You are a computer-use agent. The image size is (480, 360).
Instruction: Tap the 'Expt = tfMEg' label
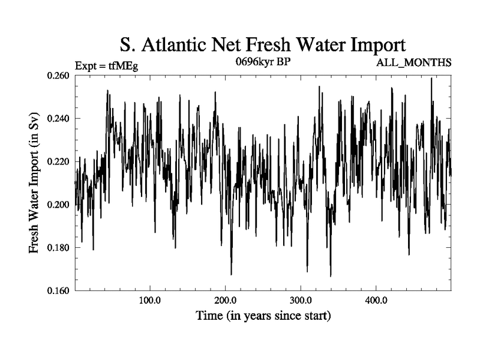point(106,66)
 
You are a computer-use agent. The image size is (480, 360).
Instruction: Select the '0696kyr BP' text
point(263,62)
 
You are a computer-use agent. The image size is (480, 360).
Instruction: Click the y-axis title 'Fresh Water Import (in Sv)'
point(36,183)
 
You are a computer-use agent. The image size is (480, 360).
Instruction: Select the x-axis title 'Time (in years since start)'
point(263,315)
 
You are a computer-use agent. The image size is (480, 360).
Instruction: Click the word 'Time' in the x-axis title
point(209,315)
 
